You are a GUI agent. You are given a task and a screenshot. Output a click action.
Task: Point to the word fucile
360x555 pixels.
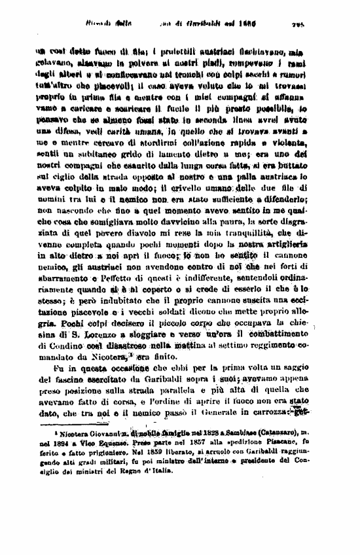[201, 122]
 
